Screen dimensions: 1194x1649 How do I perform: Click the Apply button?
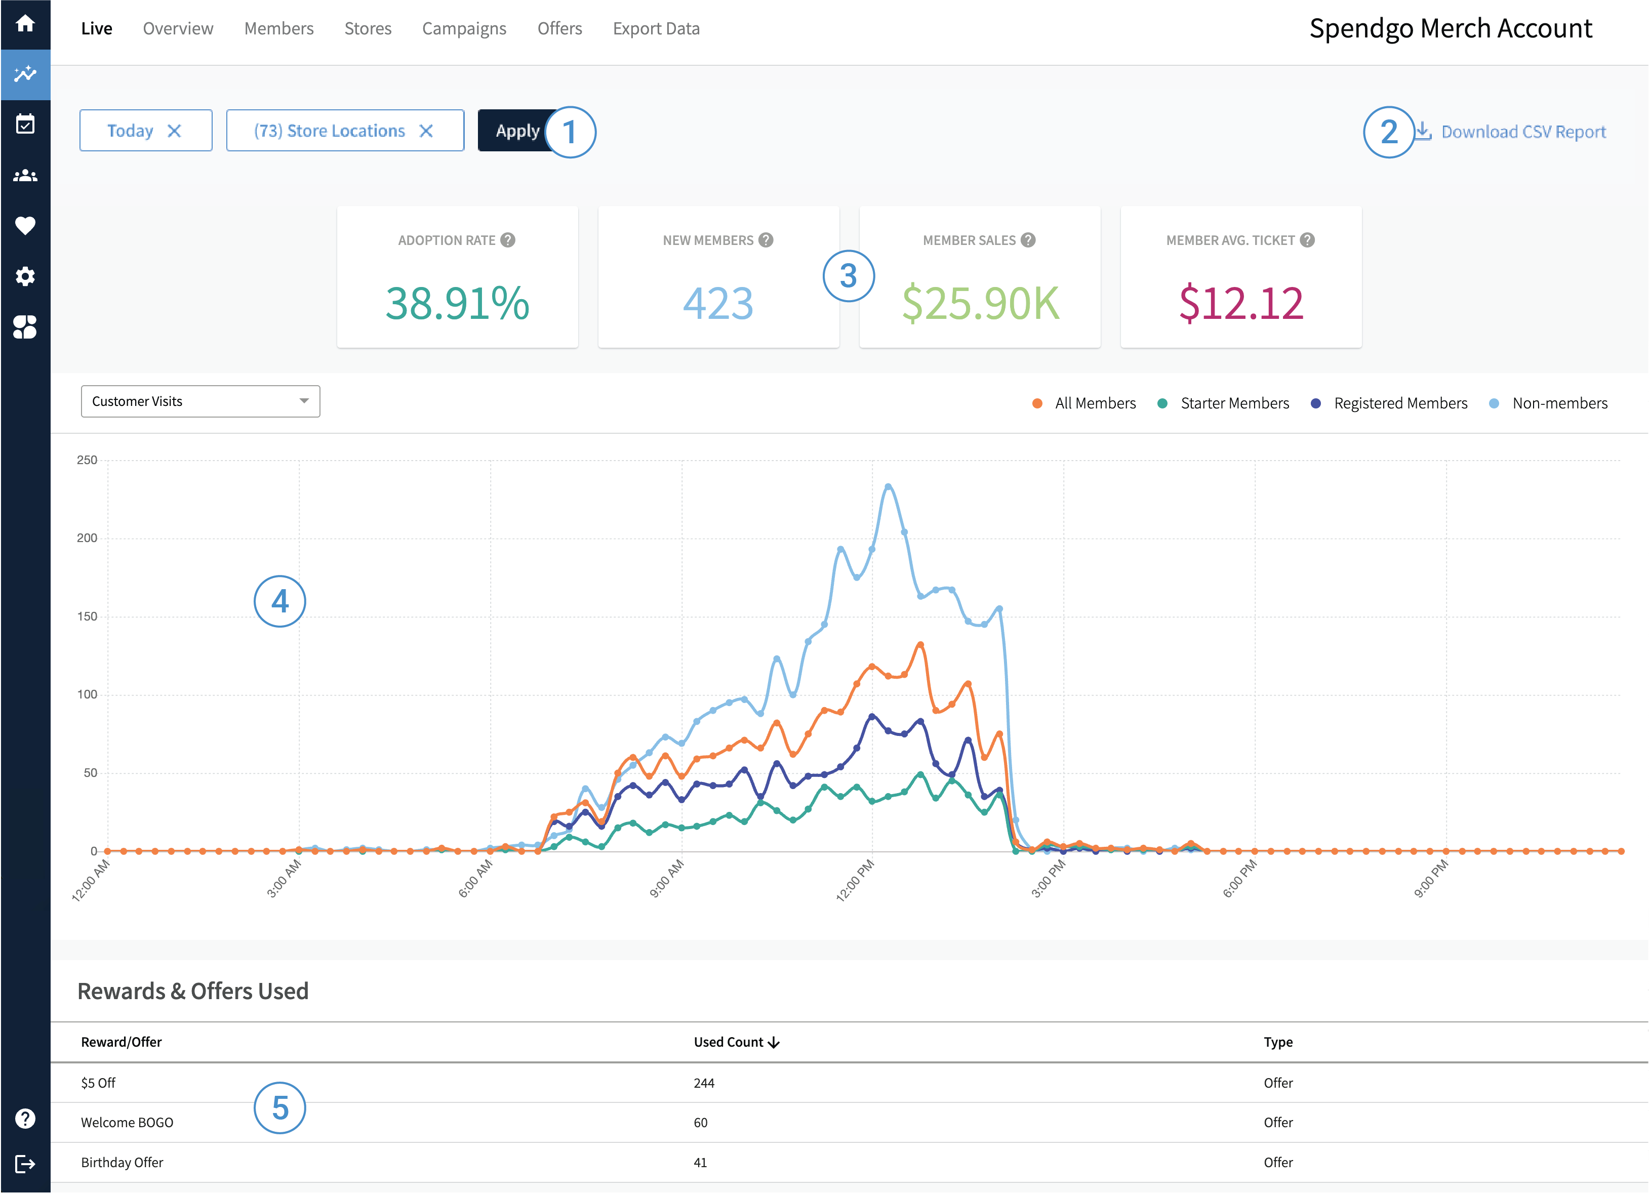pos(517,131)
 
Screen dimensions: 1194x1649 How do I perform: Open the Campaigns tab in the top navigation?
pos(464,28)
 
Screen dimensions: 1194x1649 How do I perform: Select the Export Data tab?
pos(656,28)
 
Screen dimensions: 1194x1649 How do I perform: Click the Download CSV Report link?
pos(1522,132)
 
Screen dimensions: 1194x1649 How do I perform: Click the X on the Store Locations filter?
pos(426,131)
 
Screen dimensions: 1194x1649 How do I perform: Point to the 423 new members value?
pos(717,303)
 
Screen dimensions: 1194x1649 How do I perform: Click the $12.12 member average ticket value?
pos(1240,303)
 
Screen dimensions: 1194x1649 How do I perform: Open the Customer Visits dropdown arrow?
pos(304,401)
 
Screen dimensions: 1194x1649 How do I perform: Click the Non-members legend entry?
pos(1559,403)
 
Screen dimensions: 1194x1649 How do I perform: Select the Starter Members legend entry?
pos(1234,403)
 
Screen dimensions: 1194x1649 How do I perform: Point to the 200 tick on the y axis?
pos(87,538)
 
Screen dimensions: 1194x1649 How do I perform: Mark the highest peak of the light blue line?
pos(888,486)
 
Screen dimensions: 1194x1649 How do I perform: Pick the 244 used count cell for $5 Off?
pos(704,1083)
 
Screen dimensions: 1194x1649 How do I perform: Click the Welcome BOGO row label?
pos(127,1122)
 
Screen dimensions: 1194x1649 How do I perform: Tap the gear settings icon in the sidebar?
pos(25,276)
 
